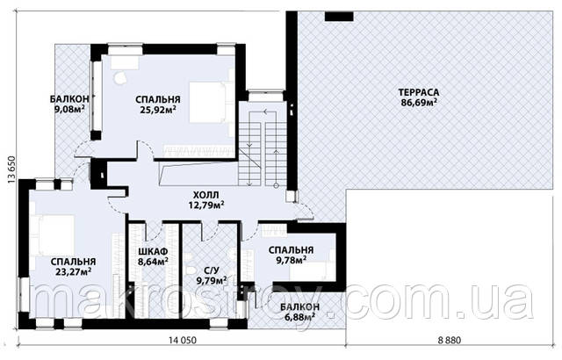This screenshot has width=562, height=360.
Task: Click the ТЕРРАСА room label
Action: coord(419,92)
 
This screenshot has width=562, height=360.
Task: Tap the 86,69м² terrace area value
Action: coord(419,103)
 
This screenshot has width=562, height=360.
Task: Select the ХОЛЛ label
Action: coord(205,195)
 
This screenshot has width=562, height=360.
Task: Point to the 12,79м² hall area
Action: coord(206,205)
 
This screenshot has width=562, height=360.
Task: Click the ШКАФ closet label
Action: coord(153,251)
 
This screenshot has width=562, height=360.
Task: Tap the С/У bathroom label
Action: coord(211,270)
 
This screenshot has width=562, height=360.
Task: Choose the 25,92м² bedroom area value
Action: coord(158,109)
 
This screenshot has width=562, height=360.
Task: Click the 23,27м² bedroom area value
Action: coord(73,271)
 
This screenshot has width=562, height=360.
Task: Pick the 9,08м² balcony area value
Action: coord(69,109)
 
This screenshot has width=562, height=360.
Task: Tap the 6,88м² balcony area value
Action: coord(299,317)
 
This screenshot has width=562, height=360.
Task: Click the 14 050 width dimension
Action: coord(182,340)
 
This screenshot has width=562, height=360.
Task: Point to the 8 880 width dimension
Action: coord(450,340)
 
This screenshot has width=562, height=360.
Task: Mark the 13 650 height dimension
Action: coord(11,170)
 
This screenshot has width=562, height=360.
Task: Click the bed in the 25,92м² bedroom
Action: coord(208,103)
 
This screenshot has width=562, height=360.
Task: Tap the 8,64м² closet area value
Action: coord(154,262)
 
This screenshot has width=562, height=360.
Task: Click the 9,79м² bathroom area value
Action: coord(212,280)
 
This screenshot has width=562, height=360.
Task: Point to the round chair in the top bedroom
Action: coord(120,76)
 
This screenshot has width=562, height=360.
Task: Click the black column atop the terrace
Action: coord(339,17)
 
